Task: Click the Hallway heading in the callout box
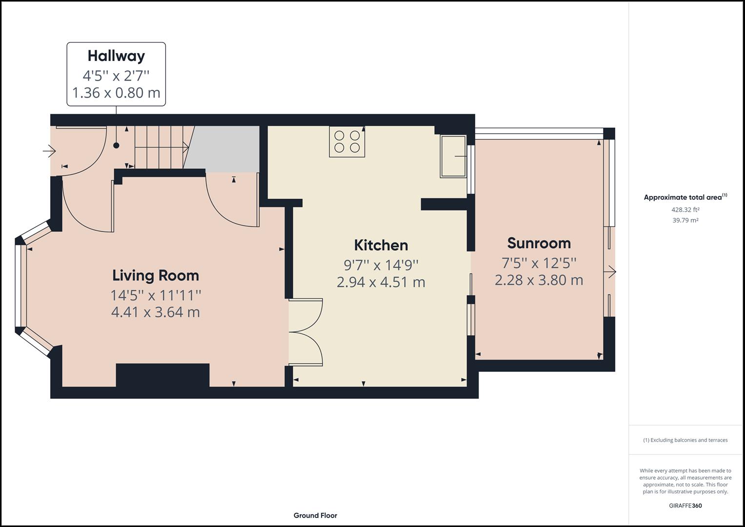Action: [x=116, y=56]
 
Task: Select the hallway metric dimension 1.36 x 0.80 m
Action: [x=116, y=93]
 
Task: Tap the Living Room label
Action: [x=156, y=276]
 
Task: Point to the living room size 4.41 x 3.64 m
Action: [x=156, y=312]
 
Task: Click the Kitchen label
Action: [x=381, y=245]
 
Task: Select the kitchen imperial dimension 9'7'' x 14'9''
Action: [x=381, y=265]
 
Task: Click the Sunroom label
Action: [x=539, y=243]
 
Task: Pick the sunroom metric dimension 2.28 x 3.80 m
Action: [x=539, y=280]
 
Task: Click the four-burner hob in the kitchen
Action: [x=347, y=142]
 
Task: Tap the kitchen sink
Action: [x=453, y=156]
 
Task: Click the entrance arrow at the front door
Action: [x=49, y=151]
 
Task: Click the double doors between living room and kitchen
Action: [x=306, y=332]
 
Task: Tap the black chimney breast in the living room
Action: [x=162, y=375]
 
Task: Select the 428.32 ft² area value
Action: [x=685, y=210]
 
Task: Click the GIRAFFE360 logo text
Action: [x=685, y=506]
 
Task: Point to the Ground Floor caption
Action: [x=315, y=515]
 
